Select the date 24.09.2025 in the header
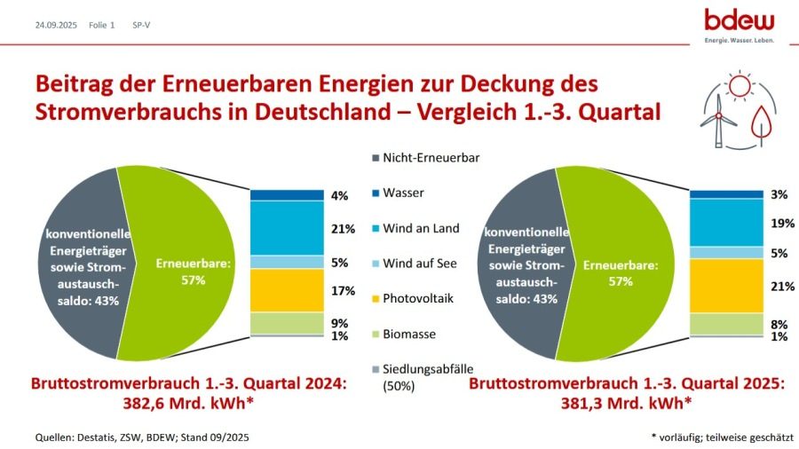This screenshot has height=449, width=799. [x=54, y=25]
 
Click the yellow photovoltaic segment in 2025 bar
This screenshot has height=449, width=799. [x=726, y=285]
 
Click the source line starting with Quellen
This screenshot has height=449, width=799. [x=138, y=437]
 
